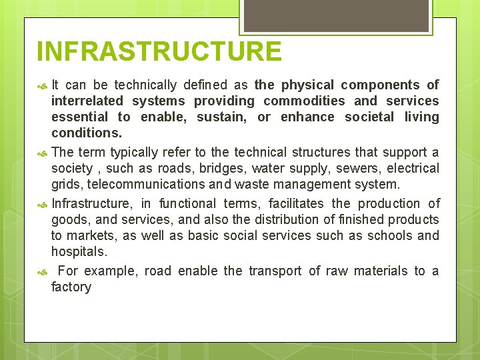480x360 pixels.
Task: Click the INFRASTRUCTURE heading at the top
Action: click(159, 51)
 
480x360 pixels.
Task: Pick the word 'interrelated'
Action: click(87, 101)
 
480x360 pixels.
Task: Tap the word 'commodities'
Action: click(304, 101)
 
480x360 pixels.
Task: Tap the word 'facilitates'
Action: click(294, 204)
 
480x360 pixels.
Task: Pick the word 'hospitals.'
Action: click(79, 252)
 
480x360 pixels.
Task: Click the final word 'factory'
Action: click(71, 287)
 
